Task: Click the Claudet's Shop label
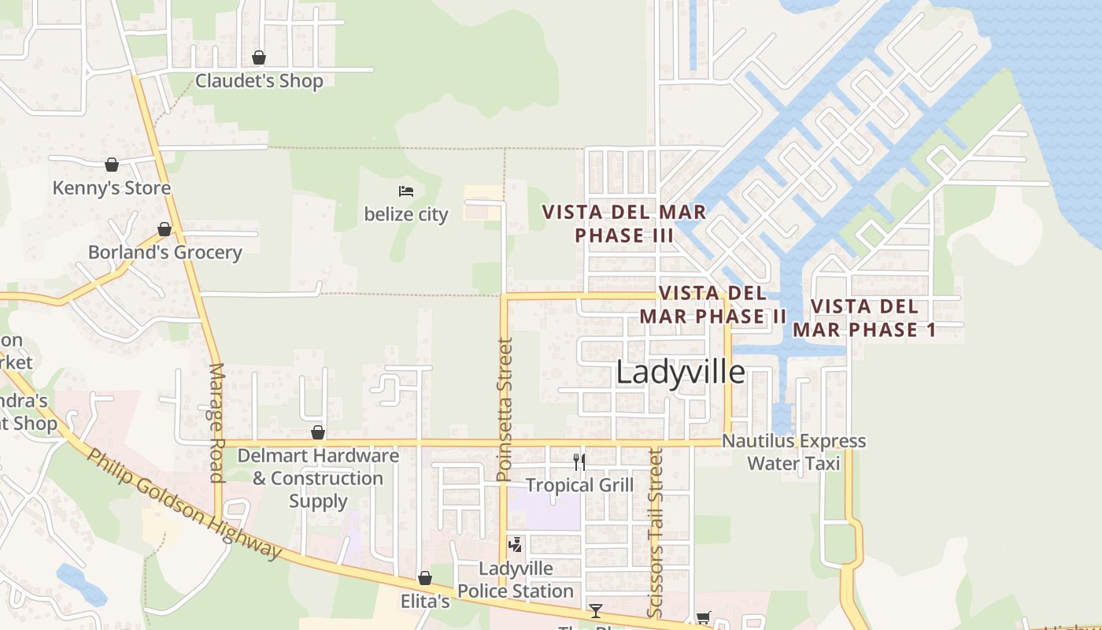(x=259, y=81)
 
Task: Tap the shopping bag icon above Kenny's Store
(x=112, y=165)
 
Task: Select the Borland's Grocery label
(x=165, y=253)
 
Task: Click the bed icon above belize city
(x=406, y=191)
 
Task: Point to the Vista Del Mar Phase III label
(x=624, y=224)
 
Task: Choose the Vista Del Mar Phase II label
(x=712, y=305)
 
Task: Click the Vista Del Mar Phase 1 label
(x=863, y=318)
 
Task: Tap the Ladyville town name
(x=680, y=372)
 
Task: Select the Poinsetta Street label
(x=505, y=409)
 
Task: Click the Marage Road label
(x=217, y=422)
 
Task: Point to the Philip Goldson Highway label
(x=184, y=504)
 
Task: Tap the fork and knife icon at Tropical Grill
(x=579, y=462)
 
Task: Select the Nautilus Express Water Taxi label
(x=793, y=452)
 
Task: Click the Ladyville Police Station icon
(x=516, y=544)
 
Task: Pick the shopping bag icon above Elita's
(x=425, y=579)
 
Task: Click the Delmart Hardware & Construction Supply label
(x=318, y=478)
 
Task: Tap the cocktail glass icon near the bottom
(x=596, y=610)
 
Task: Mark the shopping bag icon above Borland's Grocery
(x=165, y=229)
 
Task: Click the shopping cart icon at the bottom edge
(x=703, y=618)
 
